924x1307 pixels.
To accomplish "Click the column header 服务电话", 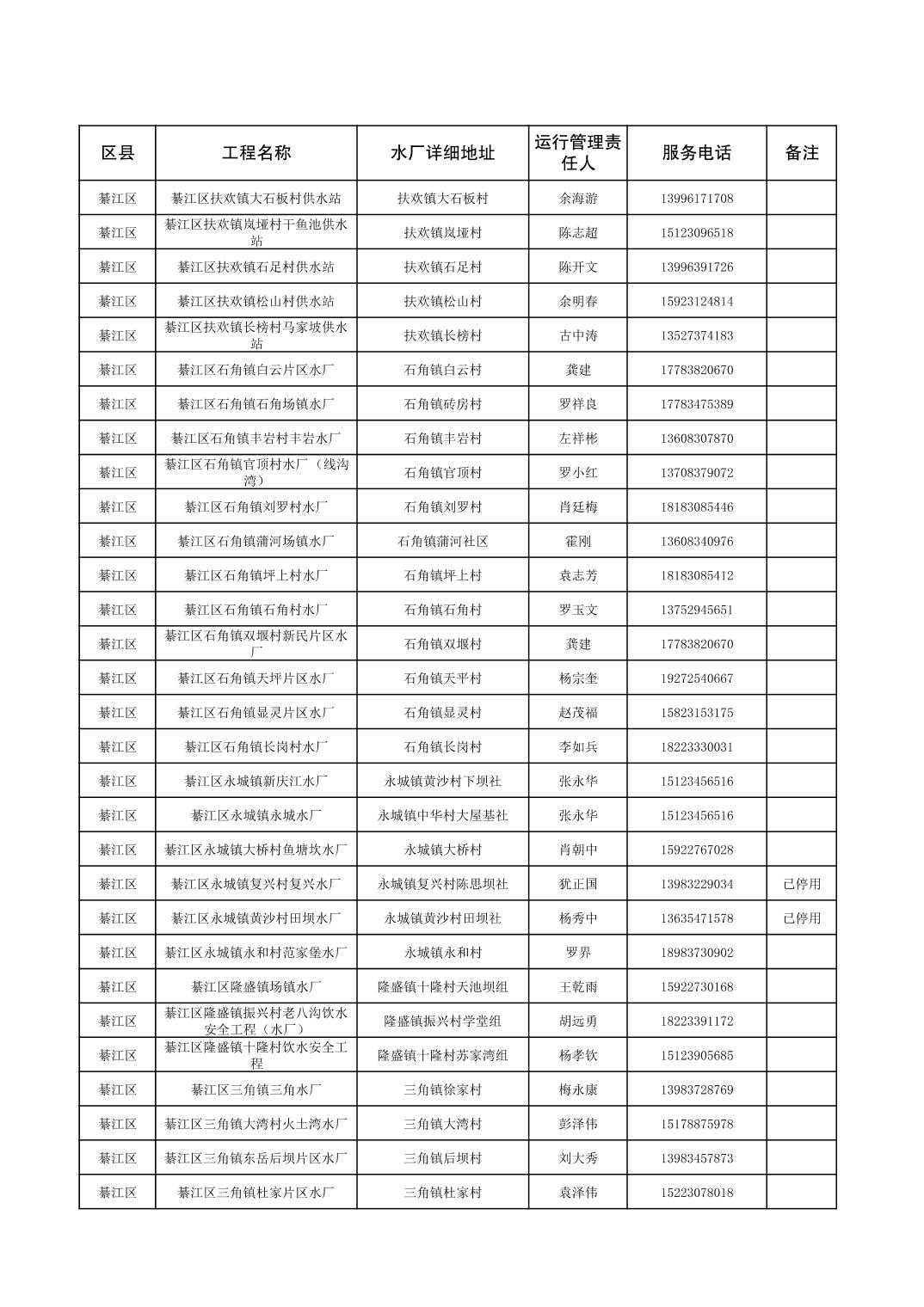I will point(696,153).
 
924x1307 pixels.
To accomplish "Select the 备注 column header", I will point(801,153).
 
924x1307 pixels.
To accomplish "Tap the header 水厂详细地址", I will point(442,153).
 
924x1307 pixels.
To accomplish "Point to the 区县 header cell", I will point(118,153).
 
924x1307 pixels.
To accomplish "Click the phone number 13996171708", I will point(697,199).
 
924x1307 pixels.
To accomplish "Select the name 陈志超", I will point(577,233).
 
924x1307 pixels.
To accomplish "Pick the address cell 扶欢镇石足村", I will point(442,267).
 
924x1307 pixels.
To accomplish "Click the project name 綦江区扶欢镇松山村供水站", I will point(256,302).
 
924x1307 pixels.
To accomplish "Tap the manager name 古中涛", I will point(577,336).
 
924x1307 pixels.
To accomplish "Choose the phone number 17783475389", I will point(697,404).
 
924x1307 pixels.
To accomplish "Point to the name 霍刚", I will point(577,542).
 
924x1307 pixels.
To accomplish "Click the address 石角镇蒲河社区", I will point(442,542).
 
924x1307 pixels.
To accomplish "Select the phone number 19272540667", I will point(697,678).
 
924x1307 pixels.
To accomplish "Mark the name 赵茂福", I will point(577,713).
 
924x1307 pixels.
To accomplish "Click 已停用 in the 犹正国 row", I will point(801,884).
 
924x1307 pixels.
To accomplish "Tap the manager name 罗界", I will point(577,953).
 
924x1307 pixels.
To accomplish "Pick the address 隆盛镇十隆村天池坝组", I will point(442,987).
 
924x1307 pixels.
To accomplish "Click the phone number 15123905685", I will point(697,1056).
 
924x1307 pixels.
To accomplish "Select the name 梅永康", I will point(577,1090).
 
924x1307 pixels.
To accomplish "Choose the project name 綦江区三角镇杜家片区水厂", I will point(256,1193).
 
